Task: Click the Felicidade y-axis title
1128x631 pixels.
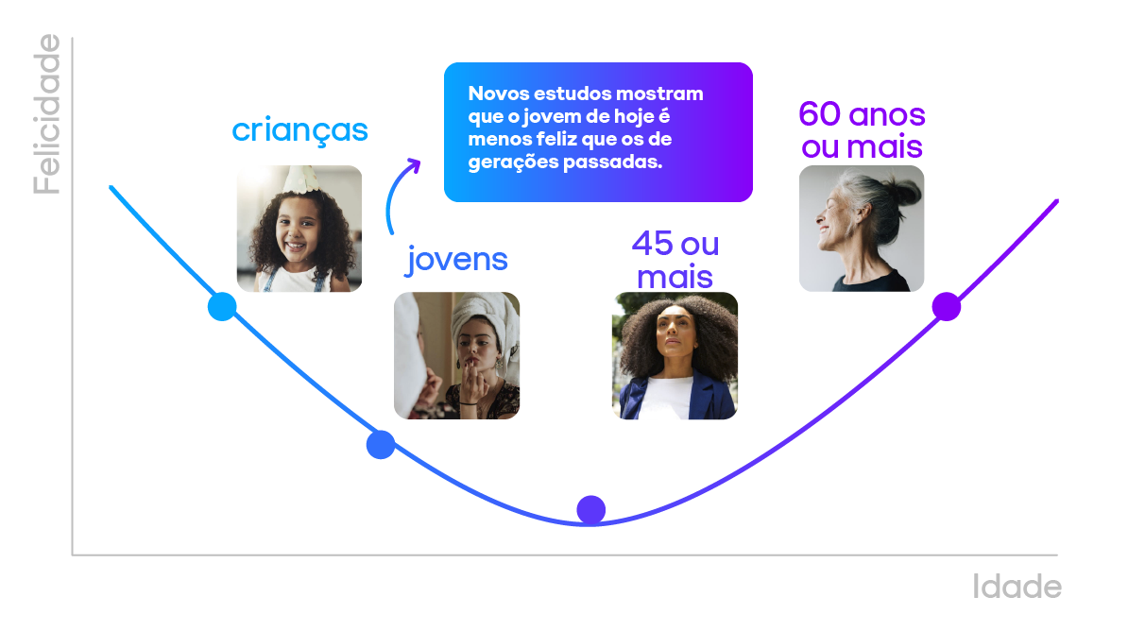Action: (x=46, y=114)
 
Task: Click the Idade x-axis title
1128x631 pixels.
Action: (x=1017, y=588)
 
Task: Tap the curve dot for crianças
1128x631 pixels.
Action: (x=222, y=307)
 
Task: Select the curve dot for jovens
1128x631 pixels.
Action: (x=380, y=444)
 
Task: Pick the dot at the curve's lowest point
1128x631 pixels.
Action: (x=590, y=510)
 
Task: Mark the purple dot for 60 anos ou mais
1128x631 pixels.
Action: (x=946, y=307)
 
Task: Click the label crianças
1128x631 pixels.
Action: (x=299, y=130)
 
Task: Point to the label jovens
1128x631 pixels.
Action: (x=457, y=259)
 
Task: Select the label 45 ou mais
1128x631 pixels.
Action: (x=675, y=260)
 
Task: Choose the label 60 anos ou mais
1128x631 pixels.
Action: (x=862, y=130)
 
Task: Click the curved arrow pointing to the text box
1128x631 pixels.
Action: (x=399, y=194)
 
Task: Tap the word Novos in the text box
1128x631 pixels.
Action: (x=497, y=94)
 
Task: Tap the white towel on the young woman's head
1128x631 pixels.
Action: (x=470, y=317)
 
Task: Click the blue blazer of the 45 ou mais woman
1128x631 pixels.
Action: (x=709, y=397)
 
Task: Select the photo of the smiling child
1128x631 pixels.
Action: (x=299, y=230)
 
